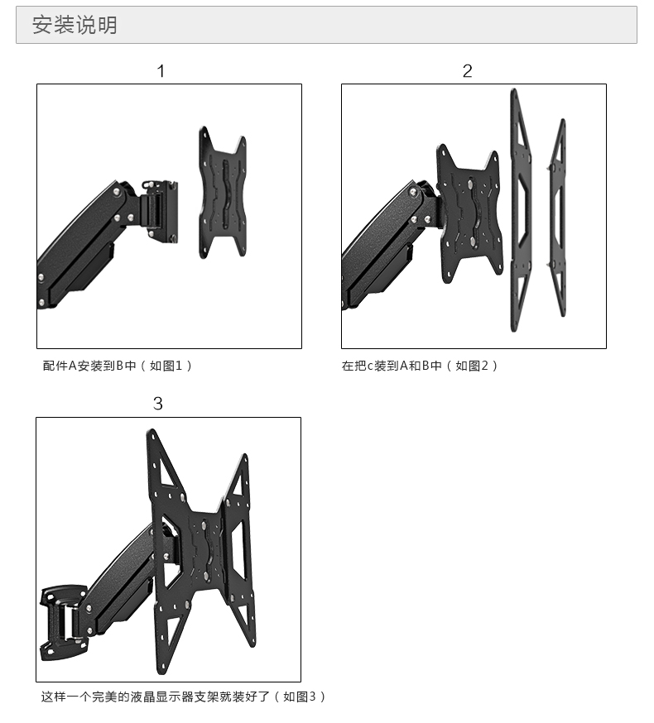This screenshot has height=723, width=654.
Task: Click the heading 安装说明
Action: coord(75,25)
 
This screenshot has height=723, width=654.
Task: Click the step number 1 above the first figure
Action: coord(161,71)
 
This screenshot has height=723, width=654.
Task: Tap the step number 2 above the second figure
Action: coord(467,71)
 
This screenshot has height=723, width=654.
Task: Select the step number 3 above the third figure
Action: coord(158,404)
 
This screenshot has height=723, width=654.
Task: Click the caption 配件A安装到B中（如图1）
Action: coord(118,366)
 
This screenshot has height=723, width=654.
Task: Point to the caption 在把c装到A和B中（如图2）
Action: coord(420,366)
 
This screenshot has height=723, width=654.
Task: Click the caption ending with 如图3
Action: coord(183,697)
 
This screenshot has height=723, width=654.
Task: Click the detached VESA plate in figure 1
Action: coord(223,193)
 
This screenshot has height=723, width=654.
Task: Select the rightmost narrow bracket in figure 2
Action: coord(557,218)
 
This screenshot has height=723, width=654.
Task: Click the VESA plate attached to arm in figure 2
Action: coord(469,213)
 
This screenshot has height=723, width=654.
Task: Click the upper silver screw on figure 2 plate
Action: coord(470,184)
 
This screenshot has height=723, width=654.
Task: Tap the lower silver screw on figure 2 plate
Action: coord(474,242)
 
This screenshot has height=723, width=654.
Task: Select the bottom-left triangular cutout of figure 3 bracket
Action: coord(171,636)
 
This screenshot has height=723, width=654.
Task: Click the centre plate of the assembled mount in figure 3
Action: coord(206,548)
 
